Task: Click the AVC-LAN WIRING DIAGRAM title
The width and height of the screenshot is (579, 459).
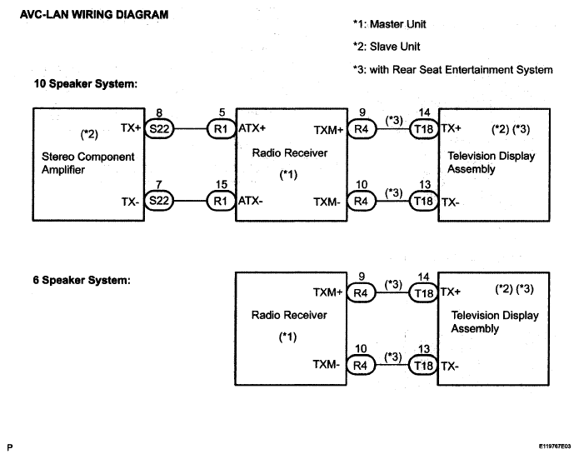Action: (94, 15)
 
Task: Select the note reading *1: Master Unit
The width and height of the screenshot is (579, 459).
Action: (390, 24)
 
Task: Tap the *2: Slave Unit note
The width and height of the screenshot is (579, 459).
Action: (387, 47)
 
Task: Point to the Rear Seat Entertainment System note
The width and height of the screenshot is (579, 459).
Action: (452, 70)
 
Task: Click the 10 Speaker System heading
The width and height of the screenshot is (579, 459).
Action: (86, 84)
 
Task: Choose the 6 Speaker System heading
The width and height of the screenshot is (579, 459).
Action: (82, 280)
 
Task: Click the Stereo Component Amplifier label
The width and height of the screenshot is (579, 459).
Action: (87, 163)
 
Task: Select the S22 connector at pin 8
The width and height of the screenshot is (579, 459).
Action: (159, 128)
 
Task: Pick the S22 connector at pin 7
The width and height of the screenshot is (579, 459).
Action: (159, 201)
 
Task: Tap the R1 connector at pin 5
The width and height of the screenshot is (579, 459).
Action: (221, 129)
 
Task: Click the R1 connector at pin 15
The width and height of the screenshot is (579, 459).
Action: (221, 201)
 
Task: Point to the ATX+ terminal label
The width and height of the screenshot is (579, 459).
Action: (252, 128)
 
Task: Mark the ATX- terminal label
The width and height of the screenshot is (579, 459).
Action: (251, 201)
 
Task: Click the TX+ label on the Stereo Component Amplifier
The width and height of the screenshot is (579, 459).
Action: (131, 127)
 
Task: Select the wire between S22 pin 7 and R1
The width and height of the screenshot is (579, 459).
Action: (190, 201)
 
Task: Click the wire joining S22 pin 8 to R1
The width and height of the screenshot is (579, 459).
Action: (190, 129)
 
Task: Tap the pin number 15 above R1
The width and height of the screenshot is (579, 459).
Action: (222, 184)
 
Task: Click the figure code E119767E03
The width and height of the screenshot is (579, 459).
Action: (555, 447)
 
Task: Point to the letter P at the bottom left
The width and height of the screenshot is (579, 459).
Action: (10, 447)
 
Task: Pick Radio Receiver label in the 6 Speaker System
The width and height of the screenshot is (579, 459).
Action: (289, 315)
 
